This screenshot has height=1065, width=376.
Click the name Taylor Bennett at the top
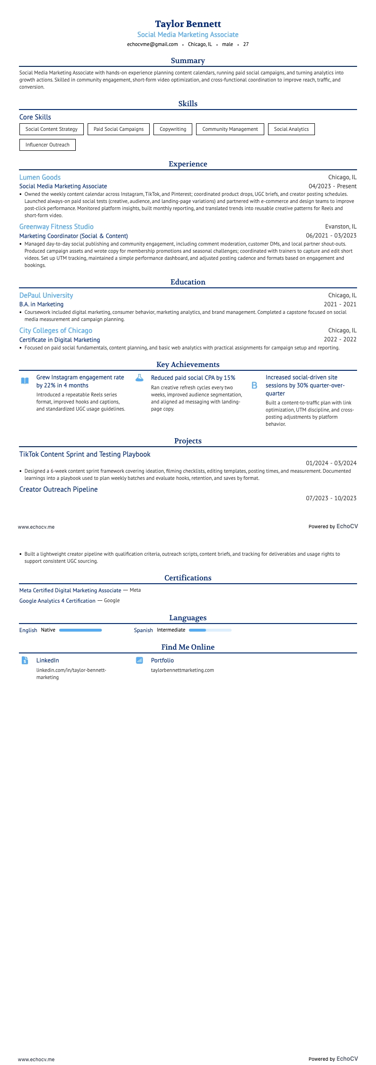point(188,24)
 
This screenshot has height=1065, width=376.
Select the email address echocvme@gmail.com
point(152,44)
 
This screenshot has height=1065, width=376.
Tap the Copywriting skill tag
point(173,129)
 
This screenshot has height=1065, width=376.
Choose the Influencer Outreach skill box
point(47,145)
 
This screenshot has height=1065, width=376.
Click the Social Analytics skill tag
point(291,129)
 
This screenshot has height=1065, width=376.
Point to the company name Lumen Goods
point(40,177)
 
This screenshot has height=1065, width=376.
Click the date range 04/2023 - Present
point(332,186)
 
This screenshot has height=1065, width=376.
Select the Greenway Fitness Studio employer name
point(56,227)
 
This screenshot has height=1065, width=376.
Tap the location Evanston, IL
point(340,227)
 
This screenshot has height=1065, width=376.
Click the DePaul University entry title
point(46,295)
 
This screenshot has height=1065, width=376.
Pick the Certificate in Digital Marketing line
point(60,340)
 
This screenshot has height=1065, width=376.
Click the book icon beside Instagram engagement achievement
point(25,380)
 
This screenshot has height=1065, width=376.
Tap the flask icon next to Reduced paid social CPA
point(139,378)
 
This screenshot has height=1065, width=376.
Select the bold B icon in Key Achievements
point(254,386)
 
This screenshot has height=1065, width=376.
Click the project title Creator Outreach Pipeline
point(58,489)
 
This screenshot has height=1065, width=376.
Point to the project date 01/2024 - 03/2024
point(331,463)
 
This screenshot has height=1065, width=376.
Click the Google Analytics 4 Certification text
point(57,601)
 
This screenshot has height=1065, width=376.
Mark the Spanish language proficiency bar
point(210,630)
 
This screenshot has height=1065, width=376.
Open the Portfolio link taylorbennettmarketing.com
point(182,670)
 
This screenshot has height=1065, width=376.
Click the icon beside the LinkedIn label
point(25,660)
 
